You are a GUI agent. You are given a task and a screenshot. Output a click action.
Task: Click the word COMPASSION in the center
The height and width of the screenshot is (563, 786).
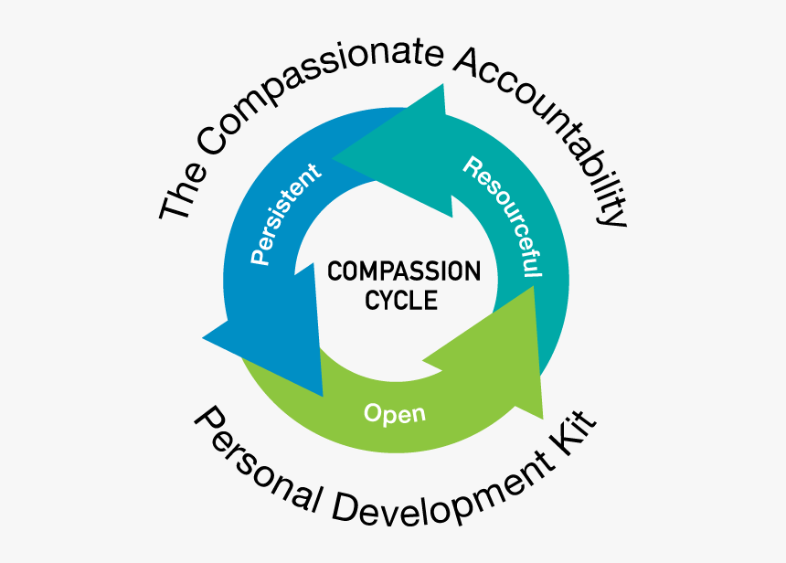pos(404,271)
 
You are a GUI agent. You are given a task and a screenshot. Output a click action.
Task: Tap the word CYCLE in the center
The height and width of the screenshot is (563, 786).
pos(401,300)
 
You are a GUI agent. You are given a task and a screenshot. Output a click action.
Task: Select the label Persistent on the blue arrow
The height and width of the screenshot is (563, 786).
pos(286,214)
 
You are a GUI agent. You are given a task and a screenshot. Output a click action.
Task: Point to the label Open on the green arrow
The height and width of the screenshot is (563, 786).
pos(394,413)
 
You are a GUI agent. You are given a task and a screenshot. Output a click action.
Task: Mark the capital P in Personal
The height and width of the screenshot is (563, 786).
pos(206,422)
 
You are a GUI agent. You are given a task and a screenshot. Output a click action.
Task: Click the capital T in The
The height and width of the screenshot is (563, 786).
pos(171,205)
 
